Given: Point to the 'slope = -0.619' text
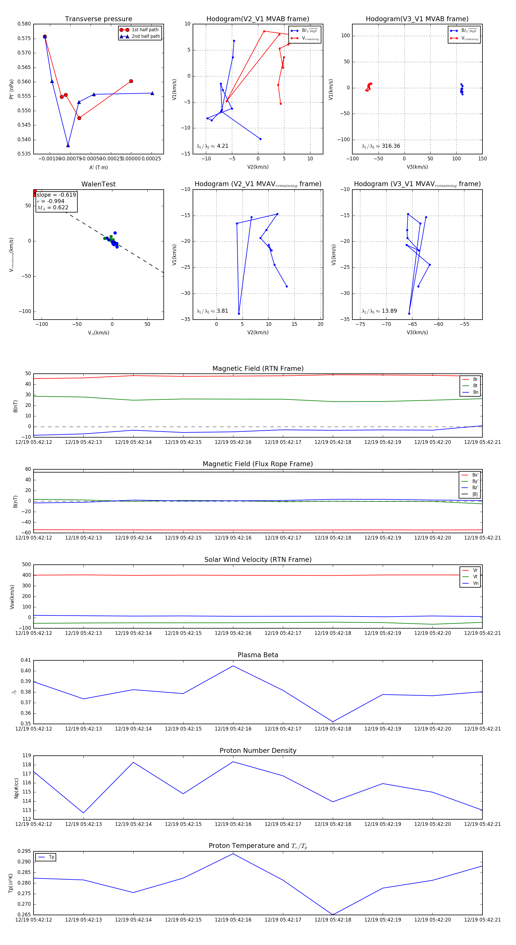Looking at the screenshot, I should (x=56, y=195).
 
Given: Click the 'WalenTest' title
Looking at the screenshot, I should (x=98, y=184).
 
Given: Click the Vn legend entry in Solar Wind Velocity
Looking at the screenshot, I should (x=475, y=583).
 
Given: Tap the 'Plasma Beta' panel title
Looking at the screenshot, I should (x=258, y=655).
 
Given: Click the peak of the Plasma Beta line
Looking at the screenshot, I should (x=233, y=666).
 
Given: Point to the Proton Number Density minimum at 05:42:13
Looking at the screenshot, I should (x=83, y=813).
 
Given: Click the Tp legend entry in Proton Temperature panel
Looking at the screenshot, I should (x=51, y=857).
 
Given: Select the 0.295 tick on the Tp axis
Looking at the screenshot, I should (x=24, y=851).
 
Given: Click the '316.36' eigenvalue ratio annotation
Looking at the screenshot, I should (x=390, y=146).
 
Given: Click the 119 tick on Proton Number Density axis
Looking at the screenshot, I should (x=26, y=756).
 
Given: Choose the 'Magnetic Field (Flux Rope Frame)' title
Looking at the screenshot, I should (x=258, y=464).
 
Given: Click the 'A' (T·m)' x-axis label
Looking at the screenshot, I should (x=98, y=167).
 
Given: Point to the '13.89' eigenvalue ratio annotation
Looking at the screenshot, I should (x=389, y=311).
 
